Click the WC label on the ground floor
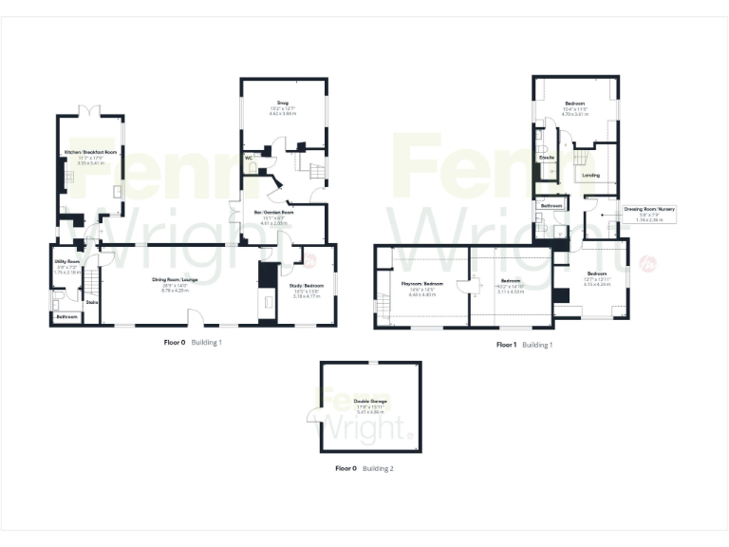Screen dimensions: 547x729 click(248, 158)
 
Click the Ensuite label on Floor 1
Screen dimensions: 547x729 click(547, 156)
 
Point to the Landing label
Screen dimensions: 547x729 click(590, 175)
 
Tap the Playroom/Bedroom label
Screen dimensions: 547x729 click(421, 285)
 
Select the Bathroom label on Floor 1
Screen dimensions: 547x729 click(551, 205)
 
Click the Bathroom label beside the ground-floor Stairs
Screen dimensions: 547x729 click(65, 316)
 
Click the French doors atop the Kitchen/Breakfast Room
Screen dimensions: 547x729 click(91, 112)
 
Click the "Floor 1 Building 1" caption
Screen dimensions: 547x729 click(524, 345)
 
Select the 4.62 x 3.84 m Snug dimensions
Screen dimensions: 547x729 click(283, 114)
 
